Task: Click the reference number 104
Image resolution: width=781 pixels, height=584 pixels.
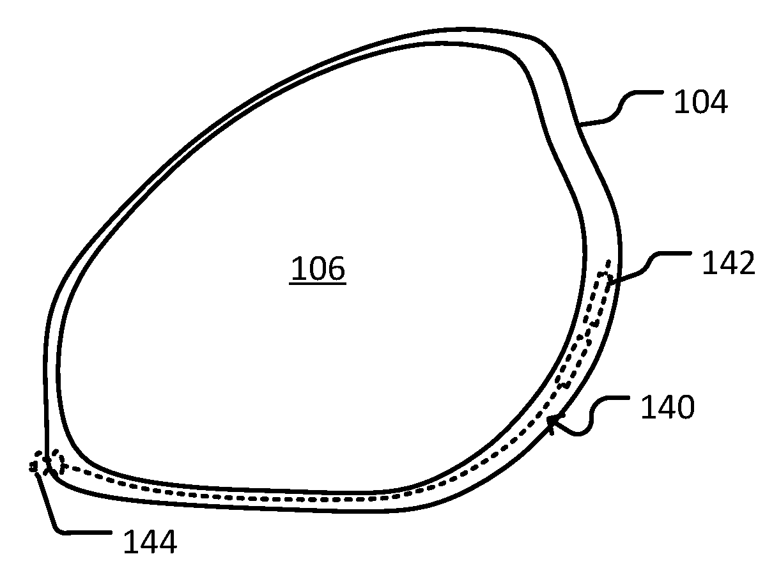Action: click(700, 102)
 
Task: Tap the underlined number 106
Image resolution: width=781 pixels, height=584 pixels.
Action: click(318, 268)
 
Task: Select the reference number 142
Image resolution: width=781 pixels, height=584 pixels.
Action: click(729, 263)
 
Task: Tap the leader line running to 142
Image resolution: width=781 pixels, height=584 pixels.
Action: click(649, 268)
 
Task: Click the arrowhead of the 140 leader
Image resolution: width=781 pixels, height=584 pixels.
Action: click(551, 422)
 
